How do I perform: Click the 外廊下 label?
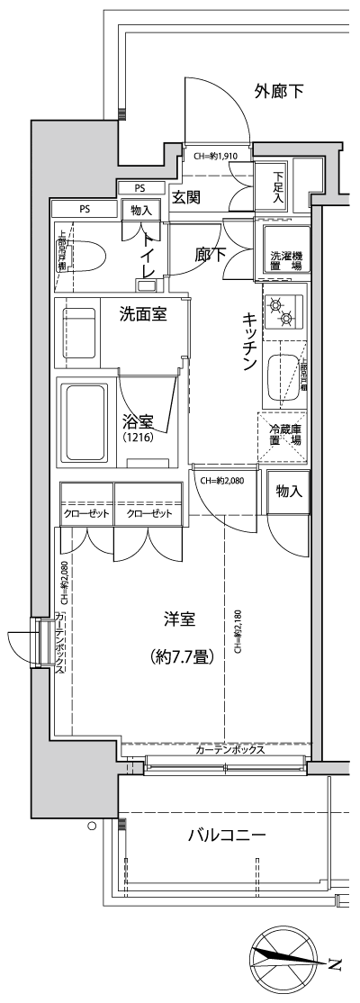[x=279, y=90]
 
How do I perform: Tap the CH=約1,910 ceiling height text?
[x=216, y=156]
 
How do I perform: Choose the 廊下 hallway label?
[x=210, y=255]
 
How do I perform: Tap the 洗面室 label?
[x=142, y=314]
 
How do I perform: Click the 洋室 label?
[x=181, y=620]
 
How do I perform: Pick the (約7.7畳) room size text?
[x=181, y=656]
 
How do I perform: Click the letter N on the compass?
[x=335, y=966]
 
